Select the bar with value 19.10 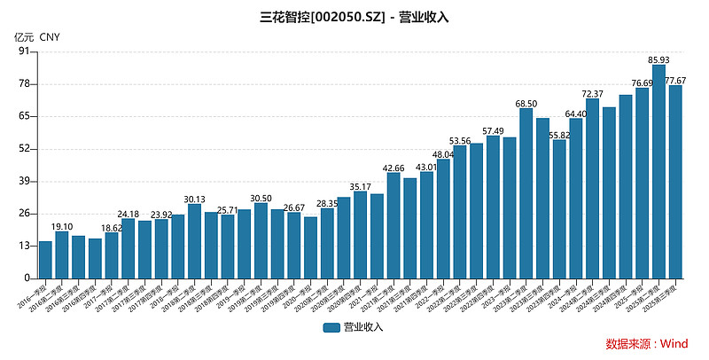point(62,255)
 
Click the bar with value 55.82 point(559,209)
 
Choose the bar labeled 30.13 point(195,241)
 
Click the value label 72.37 point(592,94)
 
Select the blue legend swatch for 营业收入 point(332,327)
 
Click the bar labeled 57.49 point(493,207)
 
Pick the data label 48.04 point(443,154)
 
